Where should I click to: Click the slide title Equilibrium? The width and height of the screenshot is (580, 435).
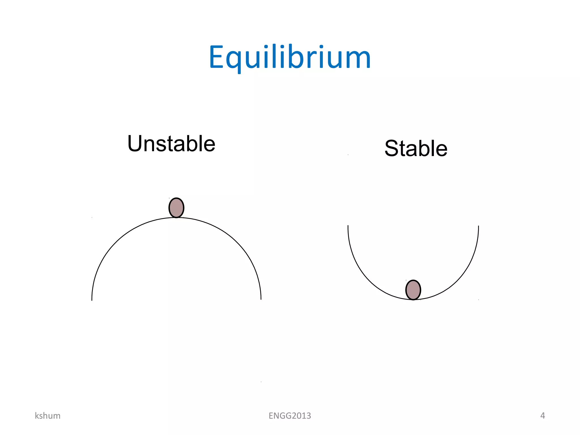click(x=290, y=57)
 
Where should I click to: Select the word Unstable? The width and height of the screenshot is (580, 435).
click(x=171, y=144)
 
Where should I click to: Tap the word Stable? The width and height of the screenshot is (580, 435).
click(x=416, y=148)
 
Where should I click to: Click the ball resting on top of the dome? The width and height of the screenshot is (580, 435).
click(x=176, y=208)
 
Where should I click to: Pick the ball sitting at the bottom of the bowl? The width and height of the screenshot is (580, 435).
click(x=413, y=290)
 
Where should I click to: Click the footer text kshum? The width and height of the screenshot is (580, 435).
click(x=48, y=416)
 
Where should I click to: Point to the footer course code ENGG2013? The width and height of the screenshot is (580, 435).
click(x=290, y=416)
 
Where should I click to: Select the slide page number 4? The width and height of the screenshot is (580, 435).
click(x=542, y=415)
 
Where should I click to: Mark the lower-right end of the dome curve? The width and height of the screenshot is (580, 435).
click(x=261, y=298)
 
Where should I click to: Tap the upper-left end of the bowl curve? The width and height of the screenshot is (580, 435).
click(x=348, y=226)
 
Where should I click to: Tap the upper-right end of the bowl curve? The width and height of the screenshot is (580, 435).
click(x=478, y=227)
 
